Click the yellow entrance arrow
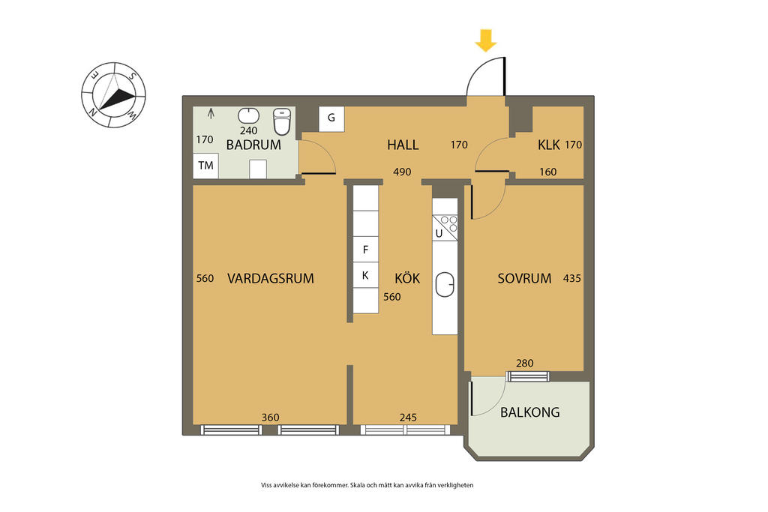point(486,40)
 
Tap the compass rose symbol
point(113,95)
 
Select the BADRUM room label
point(253,145)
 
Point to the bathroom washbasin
point(249,116)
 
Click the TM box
point(205,166)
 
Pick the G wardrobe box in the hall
point(331,118)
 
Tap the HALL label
point(403,145)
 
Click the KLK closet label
point(548,145)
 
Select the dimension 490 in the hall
point(402,172)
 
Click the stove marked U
point(445,228)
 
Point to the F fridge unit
point(365,250)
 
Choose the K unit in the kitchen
point(365,275)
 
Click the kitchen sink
point(445,285)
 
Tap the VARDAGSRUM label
point(270,279)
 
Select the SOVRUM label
point(524,279)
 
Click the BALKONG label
point(530,412)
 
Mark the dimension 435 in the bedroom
point(572,279)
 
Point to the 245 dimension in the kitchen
point(408,418)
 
